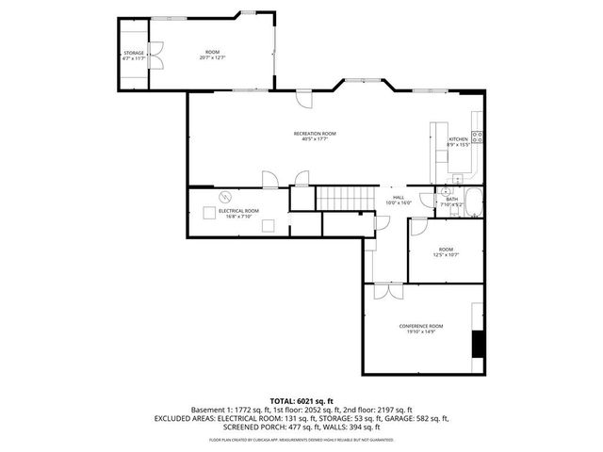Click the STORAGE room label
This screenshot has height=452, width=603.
click(134, 53)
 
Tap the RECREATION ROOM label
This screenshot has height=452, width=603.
click(315, 134)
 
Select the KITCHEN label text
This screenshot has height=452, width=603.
click(458, 138)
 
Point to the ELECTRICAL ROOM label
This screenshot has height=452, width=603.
click(238, 210)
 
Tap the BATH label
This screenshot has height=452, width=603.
click(451, 199)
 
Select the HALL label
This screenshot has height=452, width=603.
click(399, 198)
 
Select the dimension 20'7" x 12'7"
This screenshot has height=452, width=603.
click(212, 58)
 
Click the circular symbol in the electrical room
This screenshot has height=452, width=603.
click(225, 196)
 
